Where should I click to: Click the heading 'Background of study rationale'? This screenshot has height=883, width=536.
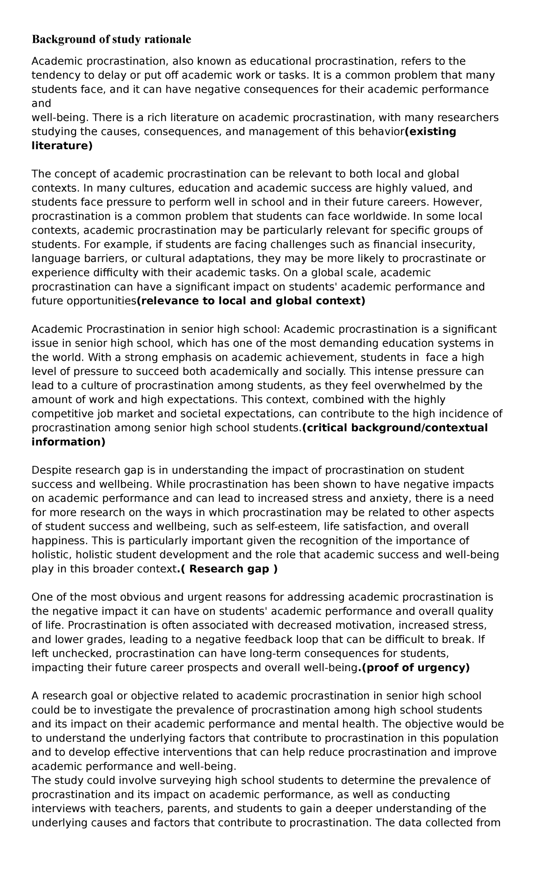[111, 39]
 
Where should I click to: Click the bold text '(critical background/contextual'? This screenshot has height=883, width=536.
[395, 428]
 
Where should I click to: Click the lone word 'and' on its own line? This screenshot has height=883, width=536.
[41, 103]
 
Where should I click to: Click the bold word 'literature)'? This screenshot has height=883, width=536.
[62, 146]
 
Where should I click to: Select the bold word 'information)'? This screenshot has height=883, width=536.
[68, 442]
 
